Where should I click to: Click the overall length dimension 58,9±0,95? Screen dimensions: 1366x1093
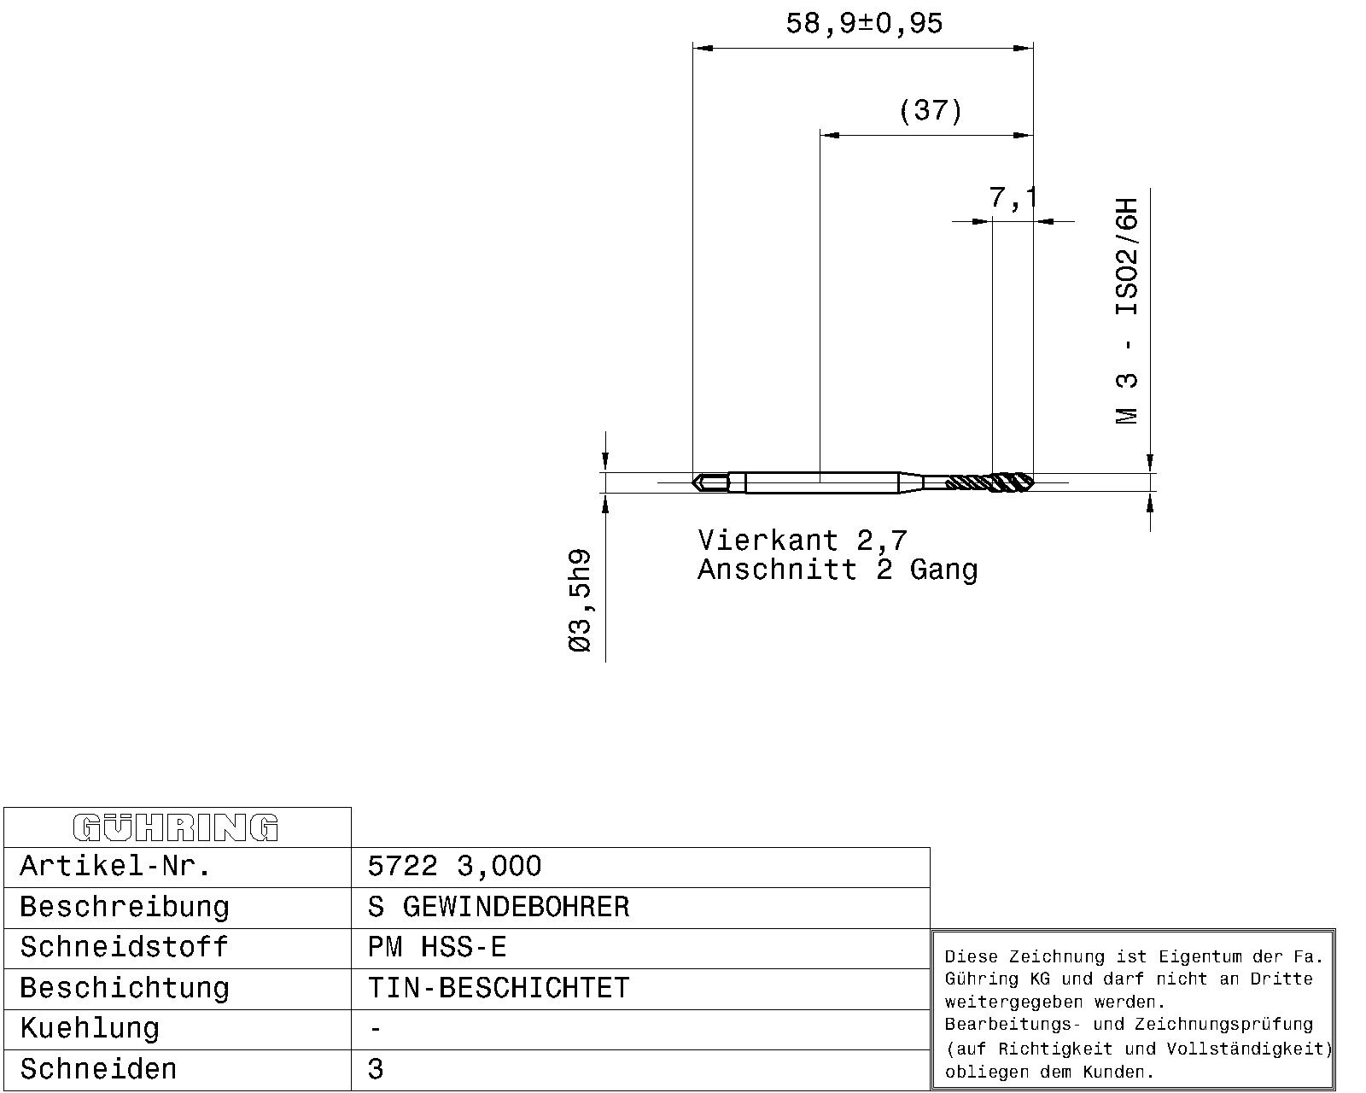pyautogui.click(x=864, y=24)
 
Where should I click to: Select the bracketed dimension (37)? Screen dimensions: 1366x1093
pyautogui.click(x=931, y=110)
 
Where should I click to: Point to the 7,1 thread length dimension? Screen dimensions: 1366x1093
pyautogui.click(x=1013, y=197)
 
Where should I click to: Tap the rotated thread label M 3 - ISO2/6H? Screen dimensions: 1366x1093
pyautogui.click(x=1127, y=311)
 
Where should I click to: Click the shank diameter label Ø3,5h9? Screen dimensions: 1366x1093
pyautogui.click(x=581, y=600)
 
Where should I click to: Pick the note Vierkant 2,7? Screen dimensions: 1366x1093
pyautogui.click(x=803, y=541)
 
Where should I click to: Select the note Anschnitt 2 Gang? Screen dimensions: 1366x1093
pyautogui.click(x=838, y=569)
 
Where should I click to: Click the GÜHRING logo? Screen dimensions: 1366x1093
pyautogui.click(x=176, y=828)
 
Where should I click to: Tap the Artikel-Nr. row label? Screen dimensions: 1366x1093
pyautogui.click(x=115, y=866)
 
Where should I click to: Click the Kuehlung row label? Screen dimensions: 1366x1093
pyautogui.click(x=90, y=1029)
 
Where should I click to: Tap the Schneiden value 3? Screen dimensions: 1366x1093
pyautogui.click(x=375, y=1069)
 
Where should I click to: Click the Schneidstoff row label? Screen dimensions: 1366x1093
pyautogui.click(x=124, y=948)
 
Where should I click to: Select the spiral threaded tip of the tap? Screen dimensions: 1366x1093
pyautogui.click(x=990, y=482)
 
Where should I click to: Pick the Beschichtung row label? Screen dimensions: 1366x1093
pyautogui.click(x=124, y=988)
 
